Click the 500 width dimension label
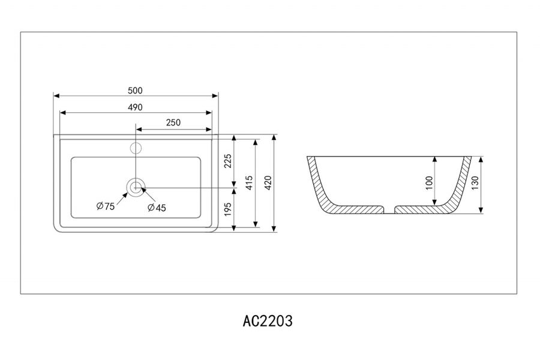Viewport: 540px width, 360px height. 135,91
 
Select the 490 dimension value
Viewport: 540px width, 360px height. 135,107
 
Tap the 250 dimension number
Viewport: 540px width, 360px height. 173,123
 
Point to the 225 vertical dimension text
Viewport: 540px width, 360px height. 227,161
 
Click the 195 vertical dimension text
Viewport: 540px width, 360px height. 227,209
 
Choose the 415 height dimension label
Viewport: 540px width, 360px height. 249,182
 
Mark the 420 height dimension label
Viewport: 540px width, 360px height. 268,182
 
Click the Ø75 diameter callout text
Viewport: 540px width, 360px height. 105,206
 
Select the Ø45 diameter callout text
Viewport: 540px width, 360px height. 157,208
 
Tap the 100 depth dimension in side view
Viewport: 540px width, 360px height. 428,182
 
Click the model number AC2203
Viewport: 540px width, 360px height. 268,321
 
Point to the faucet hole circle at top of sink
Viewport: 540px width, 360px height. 136,147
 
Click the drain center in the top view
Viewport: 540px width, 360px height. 136,187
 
